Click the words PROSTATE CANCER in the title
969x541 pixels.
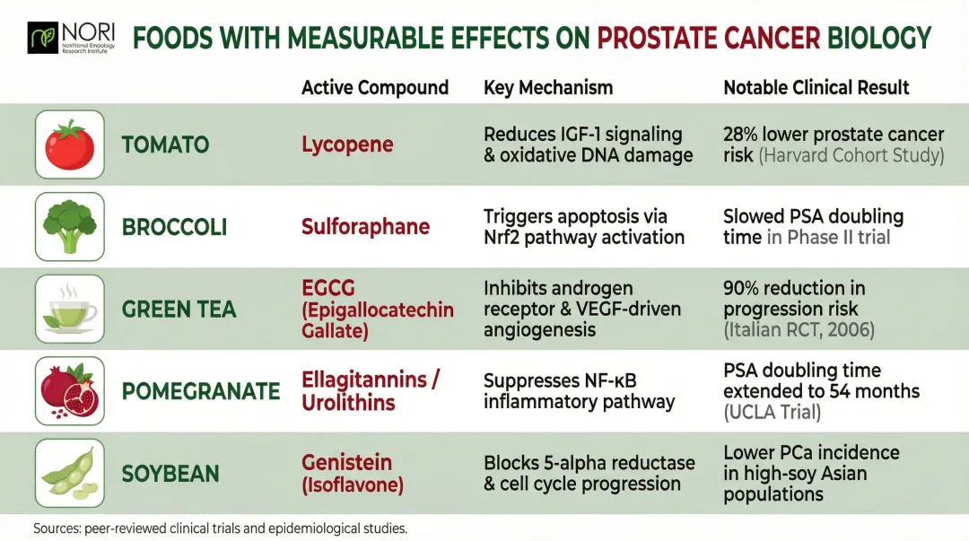[x=709, y=38]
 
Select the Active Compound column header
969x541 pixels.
[x=374, y=87]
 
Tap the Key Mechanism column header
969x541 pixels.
[x=548, y=87]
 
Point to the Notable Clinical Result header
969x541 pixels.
[x=816, y=87]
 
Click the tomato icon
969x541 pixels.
[x=69, y=144]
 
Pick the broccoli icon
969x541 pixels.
[x=69, y=226]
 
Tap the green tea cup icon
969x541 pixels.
[x=69, y=309]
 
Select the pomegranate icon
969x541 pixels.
[x=69, y=391]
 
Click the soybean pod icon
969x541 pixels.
[x=69, y=474]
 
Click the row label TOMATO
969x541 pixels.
[x=165, y=145]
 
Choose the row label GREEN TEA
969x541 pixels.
[x=179, y=310]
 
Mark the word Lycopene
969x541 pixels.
[x=347, y=145]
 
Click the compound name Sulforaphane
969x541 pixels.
[x=365, y=227]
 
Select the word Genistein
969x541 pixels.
[x=346, y=463]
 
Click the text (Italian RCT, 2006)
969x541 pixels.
[x=799, y=329]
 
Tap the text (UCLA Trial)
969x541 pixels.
[x=772, y=413]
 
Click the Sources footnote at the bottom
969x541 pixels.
[x=220, y=528]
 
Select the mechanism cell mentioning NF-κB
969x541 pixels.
[x=579, y=391]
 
